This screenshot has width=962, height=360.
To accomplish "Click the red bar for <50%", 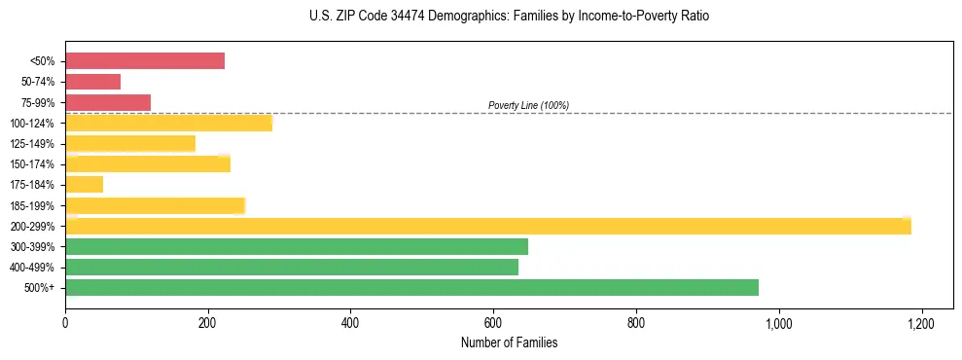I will tap(145, 61).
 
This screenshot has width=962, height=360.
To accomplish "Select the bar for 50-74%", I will tap(93, 82).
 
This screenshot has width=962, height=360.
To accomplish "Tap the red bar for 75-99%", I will tap(108, 102).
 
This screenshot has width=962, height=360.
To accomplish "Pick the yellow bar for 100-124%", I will tap(169, 123).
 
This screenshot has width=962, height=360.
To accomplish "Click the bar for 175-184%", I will tap(84, 184).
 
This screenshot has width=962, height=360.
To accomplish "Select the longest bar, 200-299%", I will tap(488, 226).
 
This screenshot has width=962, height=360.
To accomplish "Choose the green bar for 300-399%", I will tap(297, 246).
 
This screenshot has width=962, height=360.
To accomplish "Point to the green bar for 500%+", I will tap(411, 287).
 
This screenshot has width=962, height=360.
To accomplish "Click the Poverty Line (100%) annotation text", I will tap(528, 105).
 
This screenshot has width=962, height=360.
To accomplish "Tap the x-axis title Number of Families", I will tap(509, 342).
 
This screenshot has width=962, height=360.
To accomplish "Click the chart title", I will tap(509, 17).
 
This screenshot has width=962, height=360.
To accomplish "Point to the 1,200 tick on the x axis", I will tap(921, 322).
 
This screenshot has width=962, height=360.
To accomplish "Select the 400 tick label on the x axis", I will tap(350, 322).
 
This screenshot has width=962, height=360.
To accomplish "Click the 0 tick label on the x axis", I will tap(65, 322).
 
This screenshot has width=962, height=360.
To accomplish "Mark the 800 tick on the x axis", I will tap(636, 322).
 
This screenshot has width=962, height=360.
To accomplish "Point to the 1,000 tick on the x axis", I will tap(778, 322).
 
